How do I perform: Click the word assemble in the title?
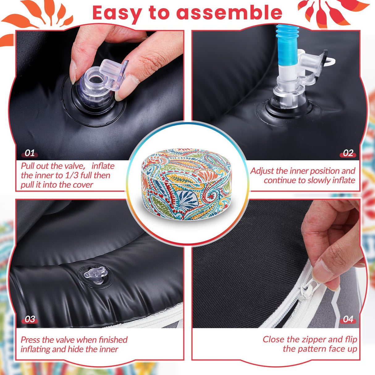[x=229, y=13]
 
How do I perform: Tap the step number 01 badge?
[x=30, y=153]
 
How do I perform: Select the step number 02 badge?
[x=348, y=153]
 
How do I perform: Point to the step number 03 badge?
[x=30, y=319]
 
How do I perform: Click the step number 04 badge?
[x=348, y=319]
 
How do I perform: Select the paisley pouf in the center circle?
[x=186, y=184]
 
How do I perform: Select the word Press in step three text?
[x=30, y=340]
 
